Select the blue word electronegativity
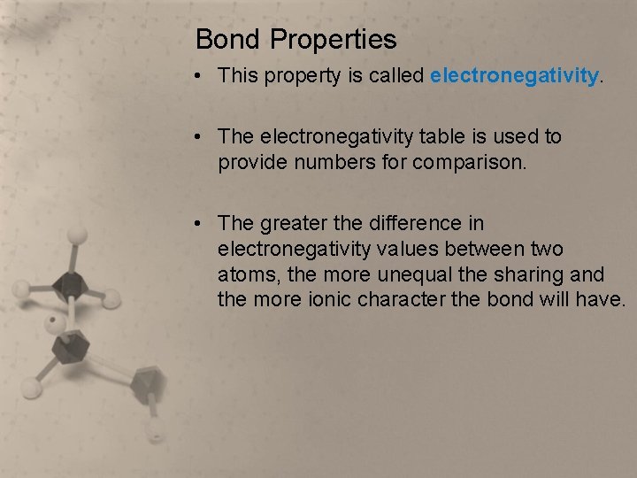coord(514,76)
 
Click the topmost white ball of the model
coord(78,235)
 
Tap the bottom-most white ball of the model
coord(155,433)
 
